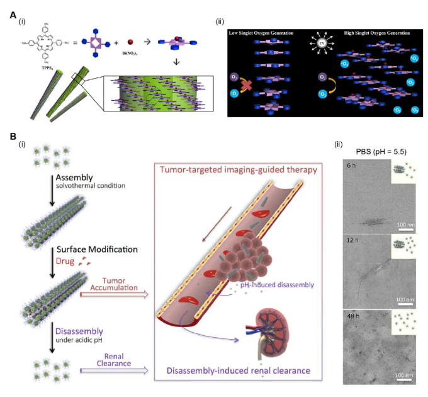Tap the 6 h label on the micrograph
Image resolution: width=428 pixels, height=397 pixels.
coord(351,164)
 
